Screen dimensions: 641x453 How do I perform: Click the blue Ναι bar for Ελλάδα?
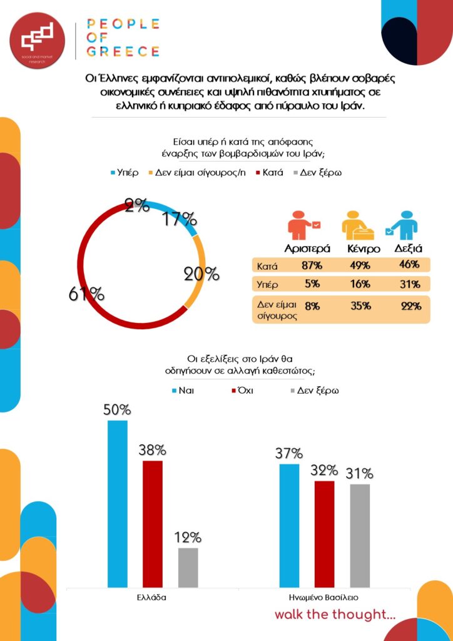118,503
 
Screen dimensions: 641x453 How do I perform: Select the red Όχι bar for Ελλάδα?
153,524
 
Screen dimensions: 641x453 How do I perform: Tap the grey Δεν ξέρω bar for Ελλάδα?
188,567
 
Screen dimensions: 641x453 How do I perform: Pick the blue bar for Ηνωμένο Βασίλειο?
289,525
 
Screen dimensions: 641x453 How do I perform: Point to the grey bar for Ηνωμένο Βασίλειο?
360,535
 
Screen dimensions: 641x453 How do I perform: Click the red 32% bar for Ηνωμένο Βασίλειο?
324,534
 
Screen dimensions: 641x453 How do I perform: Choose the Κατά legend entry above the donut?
267,172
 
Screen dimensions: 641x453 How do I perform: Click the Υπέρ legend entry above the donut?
124,172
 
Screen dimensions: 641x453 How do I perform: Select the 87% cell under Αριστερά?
307,265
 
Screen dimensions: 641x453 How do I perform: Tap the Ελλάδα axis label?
151,597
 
